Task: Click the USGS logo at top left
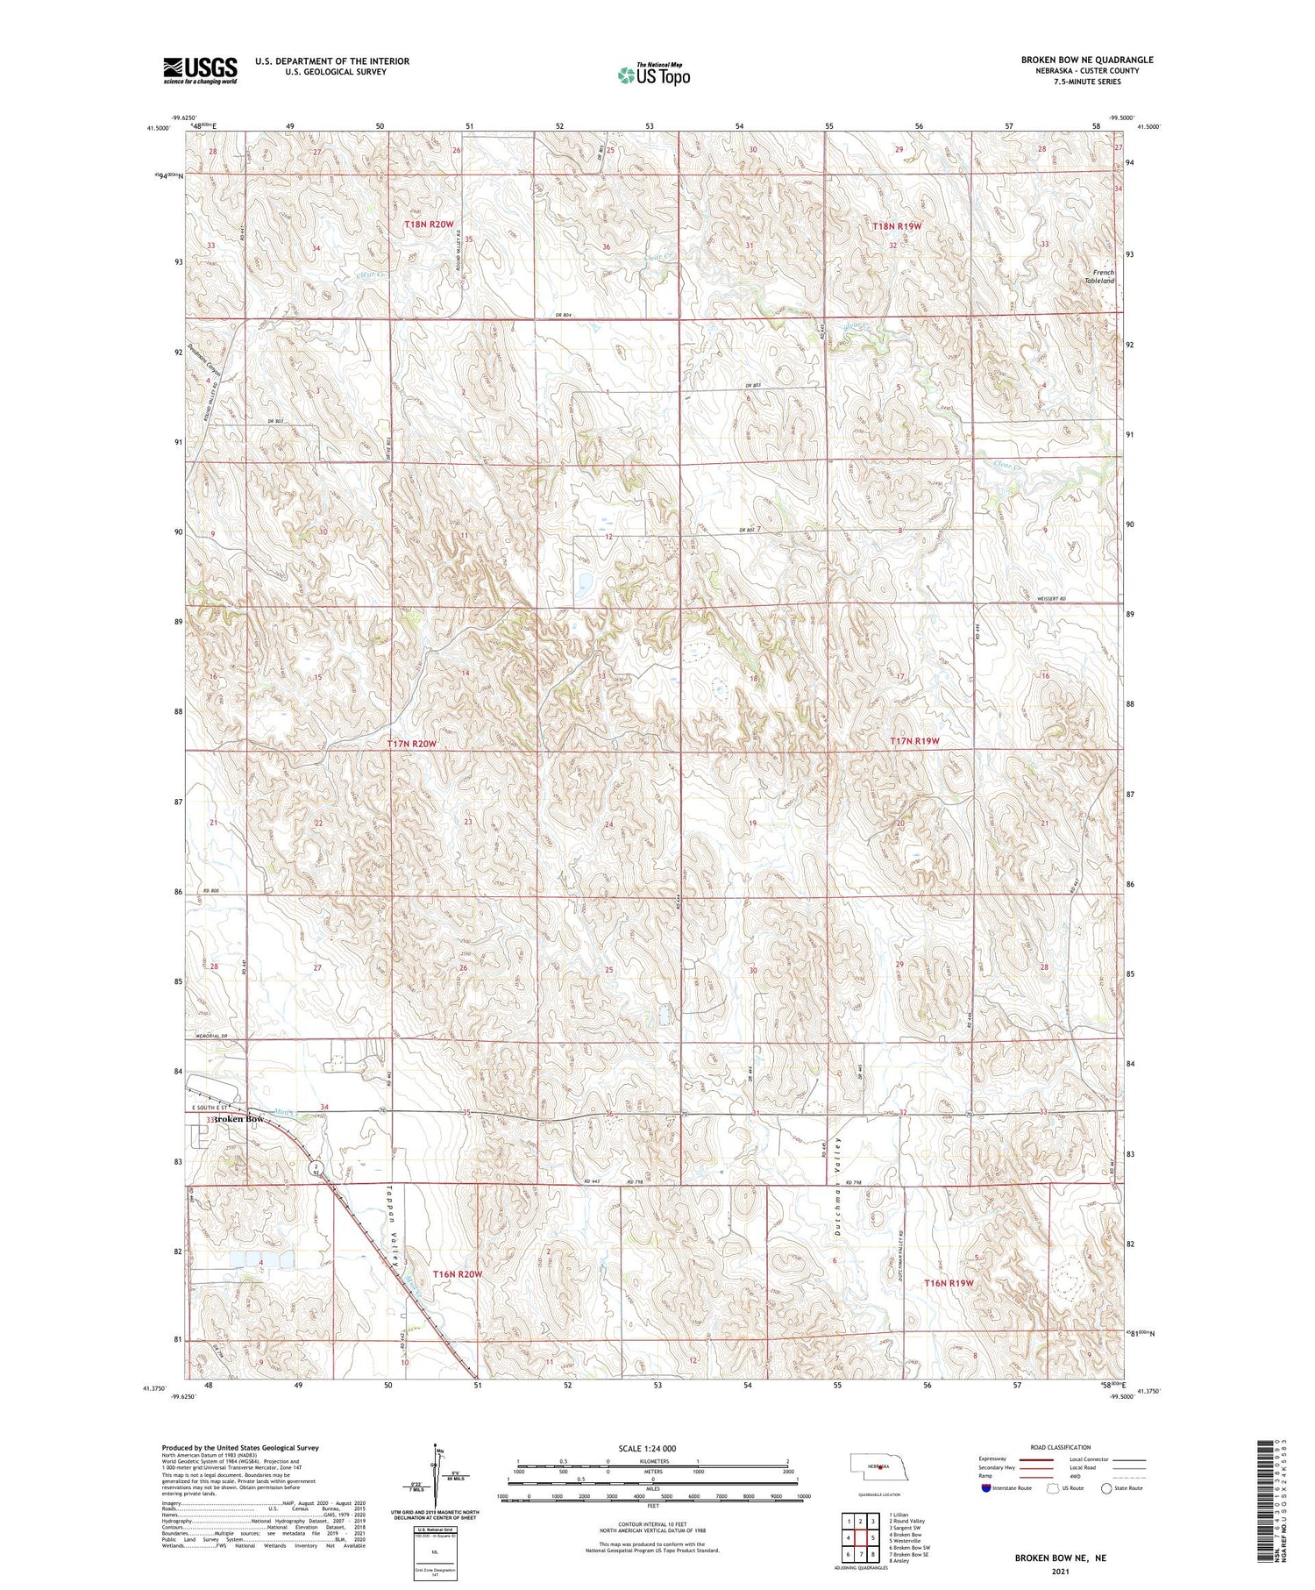click(200, 69)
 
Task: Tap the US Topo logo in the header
click(654, 75)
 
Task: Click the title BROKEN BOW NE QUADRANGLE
click(1086, 60)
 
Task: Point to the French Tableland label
click(1102, 276)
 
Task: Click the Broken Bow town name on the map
click(237, 1119)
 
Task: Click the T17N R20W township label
click(411, 744)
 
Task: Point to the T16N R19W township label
click(949, 1283)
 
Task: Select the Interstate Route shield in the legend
click(986, 1488)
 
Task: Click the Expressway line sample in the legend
click(1036, 1459)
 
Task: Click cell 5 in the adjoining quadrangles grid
click(873, 1537)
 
